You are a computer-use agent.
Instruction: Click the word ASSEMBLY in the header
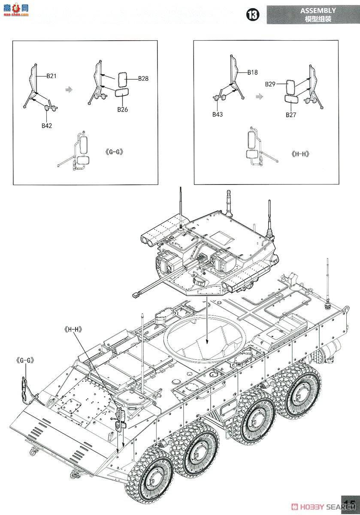pyautogui.click(x=318, y=10)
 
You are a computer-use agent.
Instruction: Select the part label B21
pyautogui.click(x=51, y=76)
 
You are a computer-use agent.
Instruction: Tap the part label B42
pyautogui.click(x=47, y=125)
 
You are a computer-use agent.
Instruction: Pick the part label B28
pyautogui.click(x=143, y=79)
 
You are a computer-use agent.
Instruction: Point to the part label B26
pyautogui.click(x=123, y=109)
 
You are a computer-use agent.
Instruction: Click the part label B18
pyautogui.click(x=252, y=73)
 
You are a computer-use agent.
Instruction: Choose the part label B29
pyautogui.click(x=270, y=85)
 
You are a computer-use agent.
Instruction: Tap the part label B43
pyautogui.click(x=218, y=115)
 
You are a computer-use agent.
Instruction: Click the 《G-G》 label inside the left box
pyautogui.click(x=114, y=152)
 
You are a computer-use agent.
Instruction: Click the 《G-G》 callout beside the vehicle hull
pyautogui.click(x=24, y=360)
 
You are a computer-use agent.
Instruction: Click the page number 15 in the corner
pyautogui.click(x=350, y=504)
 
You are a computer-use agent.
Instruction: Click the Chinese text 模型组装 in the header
pyautogui.click(x=318, y=19)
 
